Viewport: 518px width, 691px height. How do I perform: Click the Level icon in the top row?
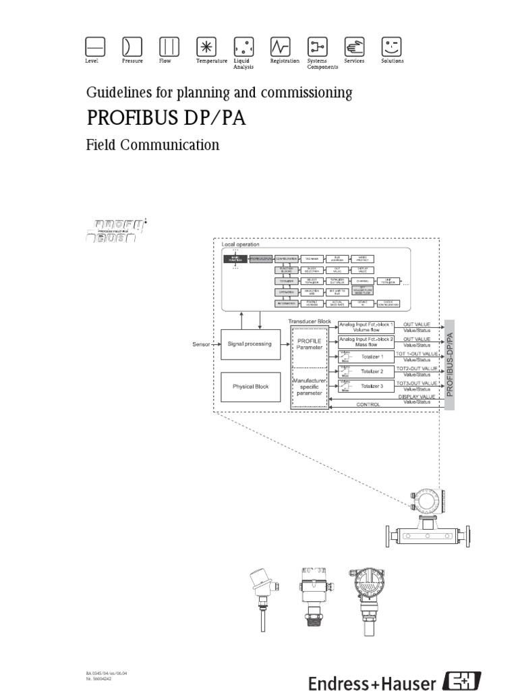point(95,46)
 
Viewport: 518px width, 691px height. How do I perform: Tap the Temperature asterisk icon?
point(205,46)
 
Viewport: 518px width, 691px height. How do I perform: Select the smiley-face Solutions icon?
point(392,46)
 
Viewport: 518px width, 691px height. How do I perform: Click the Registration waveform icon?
point(279,46)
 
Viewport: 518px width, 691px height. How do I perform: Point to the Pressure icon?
point(132,46)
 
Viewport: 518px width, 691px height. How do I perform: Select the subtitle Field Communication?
point(152,144)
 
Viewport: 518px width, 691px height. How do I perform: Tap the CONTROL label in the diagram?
point(368,404)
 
